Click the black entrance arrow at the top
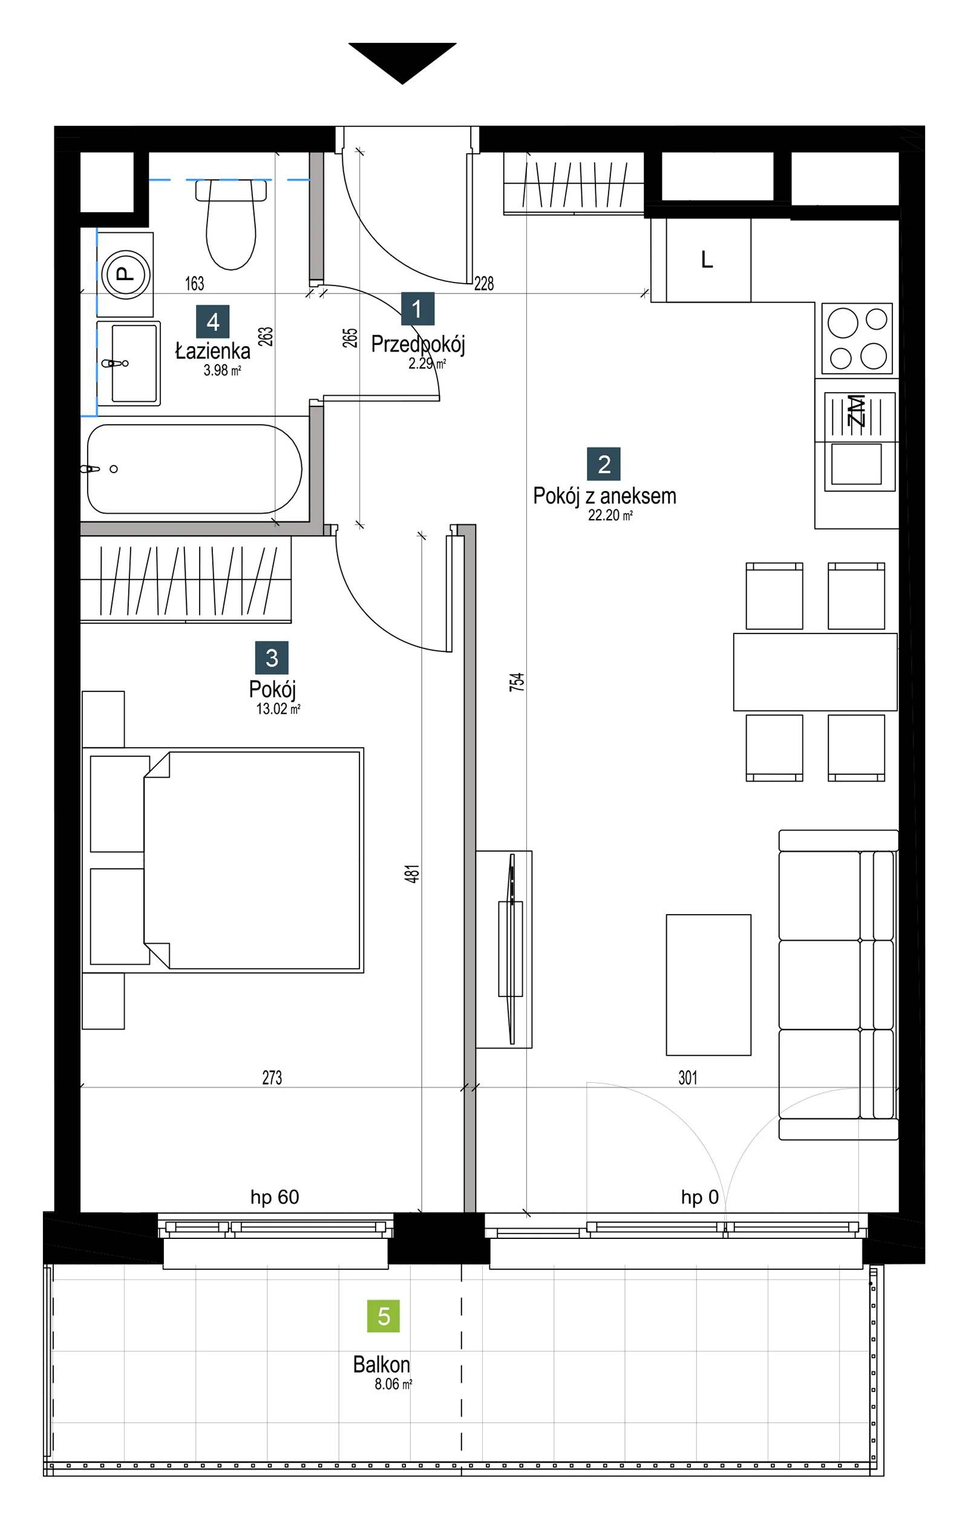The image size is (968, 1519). point(402,60)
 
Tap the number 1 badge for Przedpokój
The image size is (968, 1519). point(417,309)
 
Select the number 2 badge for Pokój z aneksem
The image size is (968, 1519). point(604,463)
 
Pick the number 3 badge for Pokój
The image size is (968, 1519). point(272,658)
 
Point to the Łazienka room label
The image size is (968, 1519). point(212,351)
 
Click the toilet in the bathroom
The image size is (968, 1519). point(231,224)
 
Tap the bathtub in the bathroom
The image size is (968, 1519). point(194,469)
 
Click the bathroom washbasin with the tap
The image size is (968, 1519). point(128,364)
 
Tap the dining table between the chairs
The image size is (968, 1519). point(815,672)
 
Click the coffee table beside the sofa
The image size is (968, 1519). point(708,985)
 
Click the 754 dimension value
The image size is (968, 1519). point(517,682)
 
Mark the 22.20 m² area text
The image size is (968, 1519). point(610,515)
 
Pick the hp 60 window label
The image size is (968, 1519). point(275,1197)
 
